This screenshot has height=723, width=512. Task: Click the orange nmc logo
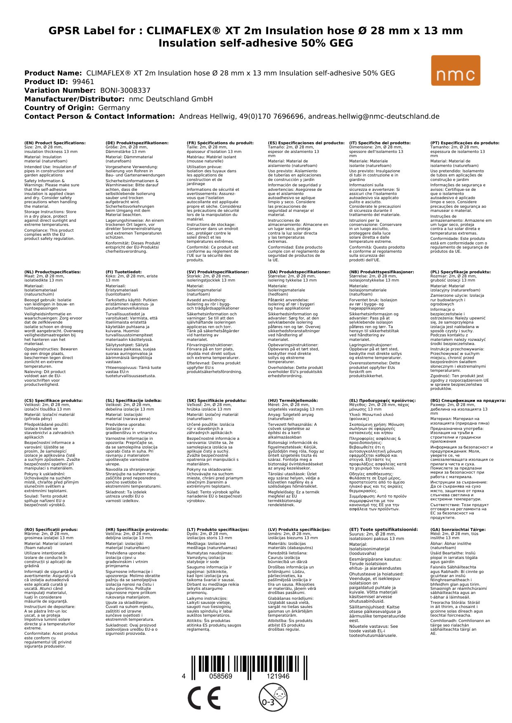point(455,70)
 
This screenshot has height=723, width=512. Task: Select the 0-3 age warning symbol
point(273,697)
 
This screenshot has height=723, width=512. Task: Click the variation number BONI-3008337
point(125,90)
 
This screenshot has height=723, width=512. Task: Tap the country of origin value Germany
point(114,108)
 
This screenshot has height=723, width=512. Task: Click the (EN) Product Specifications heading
point(55,143)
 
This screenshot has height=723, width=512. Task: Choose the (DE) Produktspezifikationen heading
point(137,143)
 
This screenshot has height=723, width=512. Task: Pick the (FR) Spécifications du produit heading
point(220,143)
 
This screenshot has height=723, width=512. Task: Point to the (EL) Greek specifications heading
point(382,401)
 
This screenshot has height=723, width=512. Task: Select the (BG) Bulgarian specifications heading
point(468,401)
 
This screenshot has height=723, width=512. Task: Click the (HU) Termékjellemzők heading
point(293,401)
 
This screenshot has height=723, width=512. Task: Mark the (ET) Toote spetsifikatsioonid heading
point(383,530)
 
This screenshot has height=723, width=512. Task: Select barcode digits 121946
point(278,676)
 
